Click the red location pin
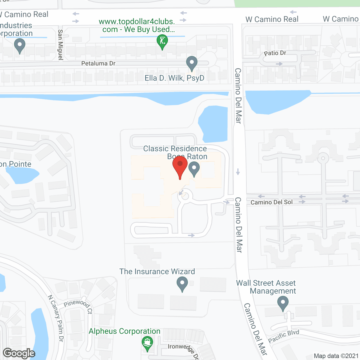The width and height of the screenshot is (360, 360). (x=180, y=166)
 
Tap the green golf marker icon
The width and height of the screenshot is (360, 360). (x=162, y=41)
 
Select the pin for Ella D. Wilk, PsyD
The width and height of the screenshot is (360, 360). (x=192, y=63)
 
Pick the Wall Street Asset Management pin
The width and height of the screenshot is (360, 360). (x=283, y=304)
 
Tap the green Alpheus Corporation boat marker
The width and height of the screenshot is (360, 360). (x=147, y=343)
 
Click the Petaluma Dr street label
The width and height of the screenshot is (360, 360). (x=98, y=64)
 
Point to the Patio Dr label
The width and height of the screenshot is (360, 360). (x=275, y=53)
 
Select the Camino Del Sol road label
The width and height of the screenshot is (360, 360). (x=271, y=202)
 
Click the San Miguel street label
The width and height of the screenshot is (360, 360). (x=60, y=45)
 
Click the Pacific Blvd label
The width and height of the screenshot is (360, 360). (x=283, y=336)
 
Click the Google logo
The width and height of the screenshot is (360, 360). (x=19, y=353)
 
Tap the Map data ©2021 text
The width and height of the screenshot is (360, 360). (x=336, y=356)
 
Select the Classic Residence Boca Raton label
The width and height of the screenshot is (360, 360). (x=175, y=152)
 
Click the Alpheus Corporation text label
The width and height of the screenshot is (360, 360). (x=125, y=331)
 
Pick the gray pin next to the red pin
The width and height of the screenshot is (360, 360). (x=194, y=169)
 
